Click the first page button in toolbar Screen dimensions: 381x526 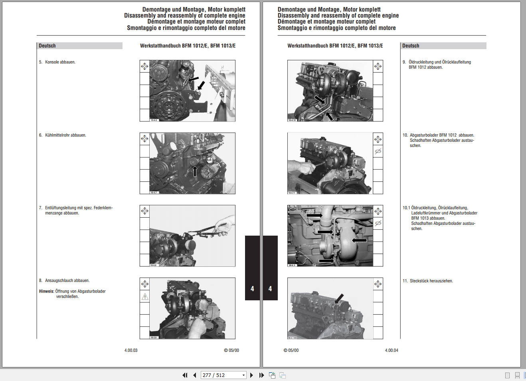point(185,375)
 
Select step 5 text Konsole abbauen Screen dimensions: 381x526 point(60,62)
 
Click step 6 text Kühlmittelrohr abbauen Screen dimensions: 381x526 point(65,135)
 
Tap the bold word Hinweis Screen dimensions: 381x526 point(46,291)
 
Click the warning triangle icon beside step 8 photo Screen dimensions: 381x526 point(144,297)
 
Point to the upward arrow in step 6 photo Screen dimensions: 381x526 point(195,171)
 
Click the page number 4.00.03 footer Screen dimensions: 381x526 point(131,350)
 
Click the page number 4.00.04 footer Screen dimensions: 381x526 point(391,350)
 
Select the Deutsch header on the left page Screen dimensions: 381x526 point(47,46)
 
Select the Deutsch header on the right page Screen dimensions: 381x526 point(411,46)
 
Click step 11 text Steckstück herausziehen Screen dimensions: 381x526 point(431,281)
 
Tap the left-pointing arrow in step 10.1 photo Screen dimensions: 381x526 point(359,240)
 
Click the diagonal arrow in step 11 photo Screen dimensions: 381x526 point(339,298)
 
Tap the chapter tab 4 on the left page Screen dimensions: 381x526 point(252,288)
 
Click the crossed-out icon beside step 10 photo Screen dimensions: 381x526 point(378,151)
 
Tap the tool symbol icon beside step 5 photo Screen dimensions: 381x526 point(144,66)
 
